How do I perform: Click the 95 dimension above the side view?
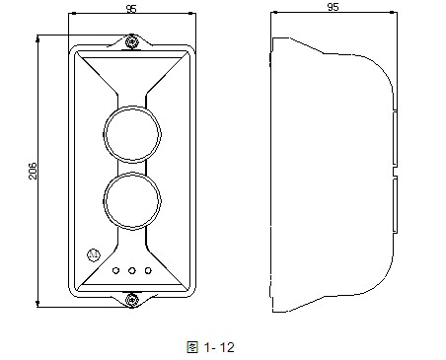(333, 7)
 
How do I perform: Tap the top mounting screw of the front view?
(131, 41)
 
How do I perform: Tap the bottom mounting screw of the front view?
(131, 298)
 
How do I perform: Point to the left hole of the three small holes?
(116, 268)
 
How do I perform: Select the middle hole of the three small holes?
(132, 268)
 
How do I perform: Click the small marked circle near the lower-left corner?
(94, 253)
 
